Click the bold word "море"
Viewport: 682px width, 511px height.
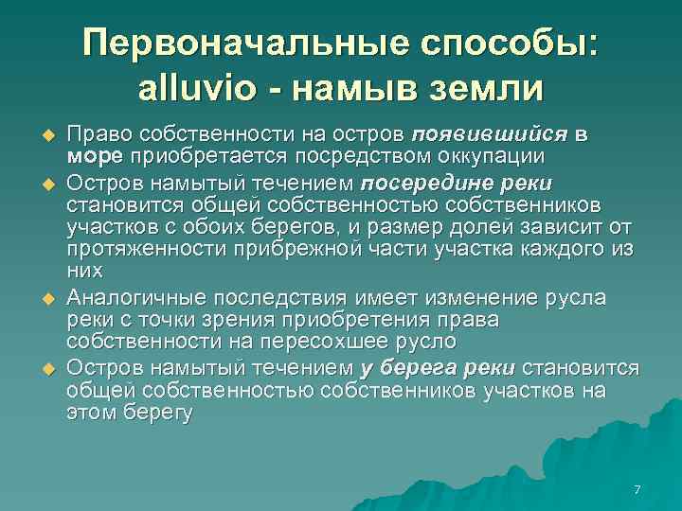pyautogui.click(x=97, y=156)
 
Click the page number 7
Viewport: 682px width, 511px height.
pyautogui.click(x=637, y=489)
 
